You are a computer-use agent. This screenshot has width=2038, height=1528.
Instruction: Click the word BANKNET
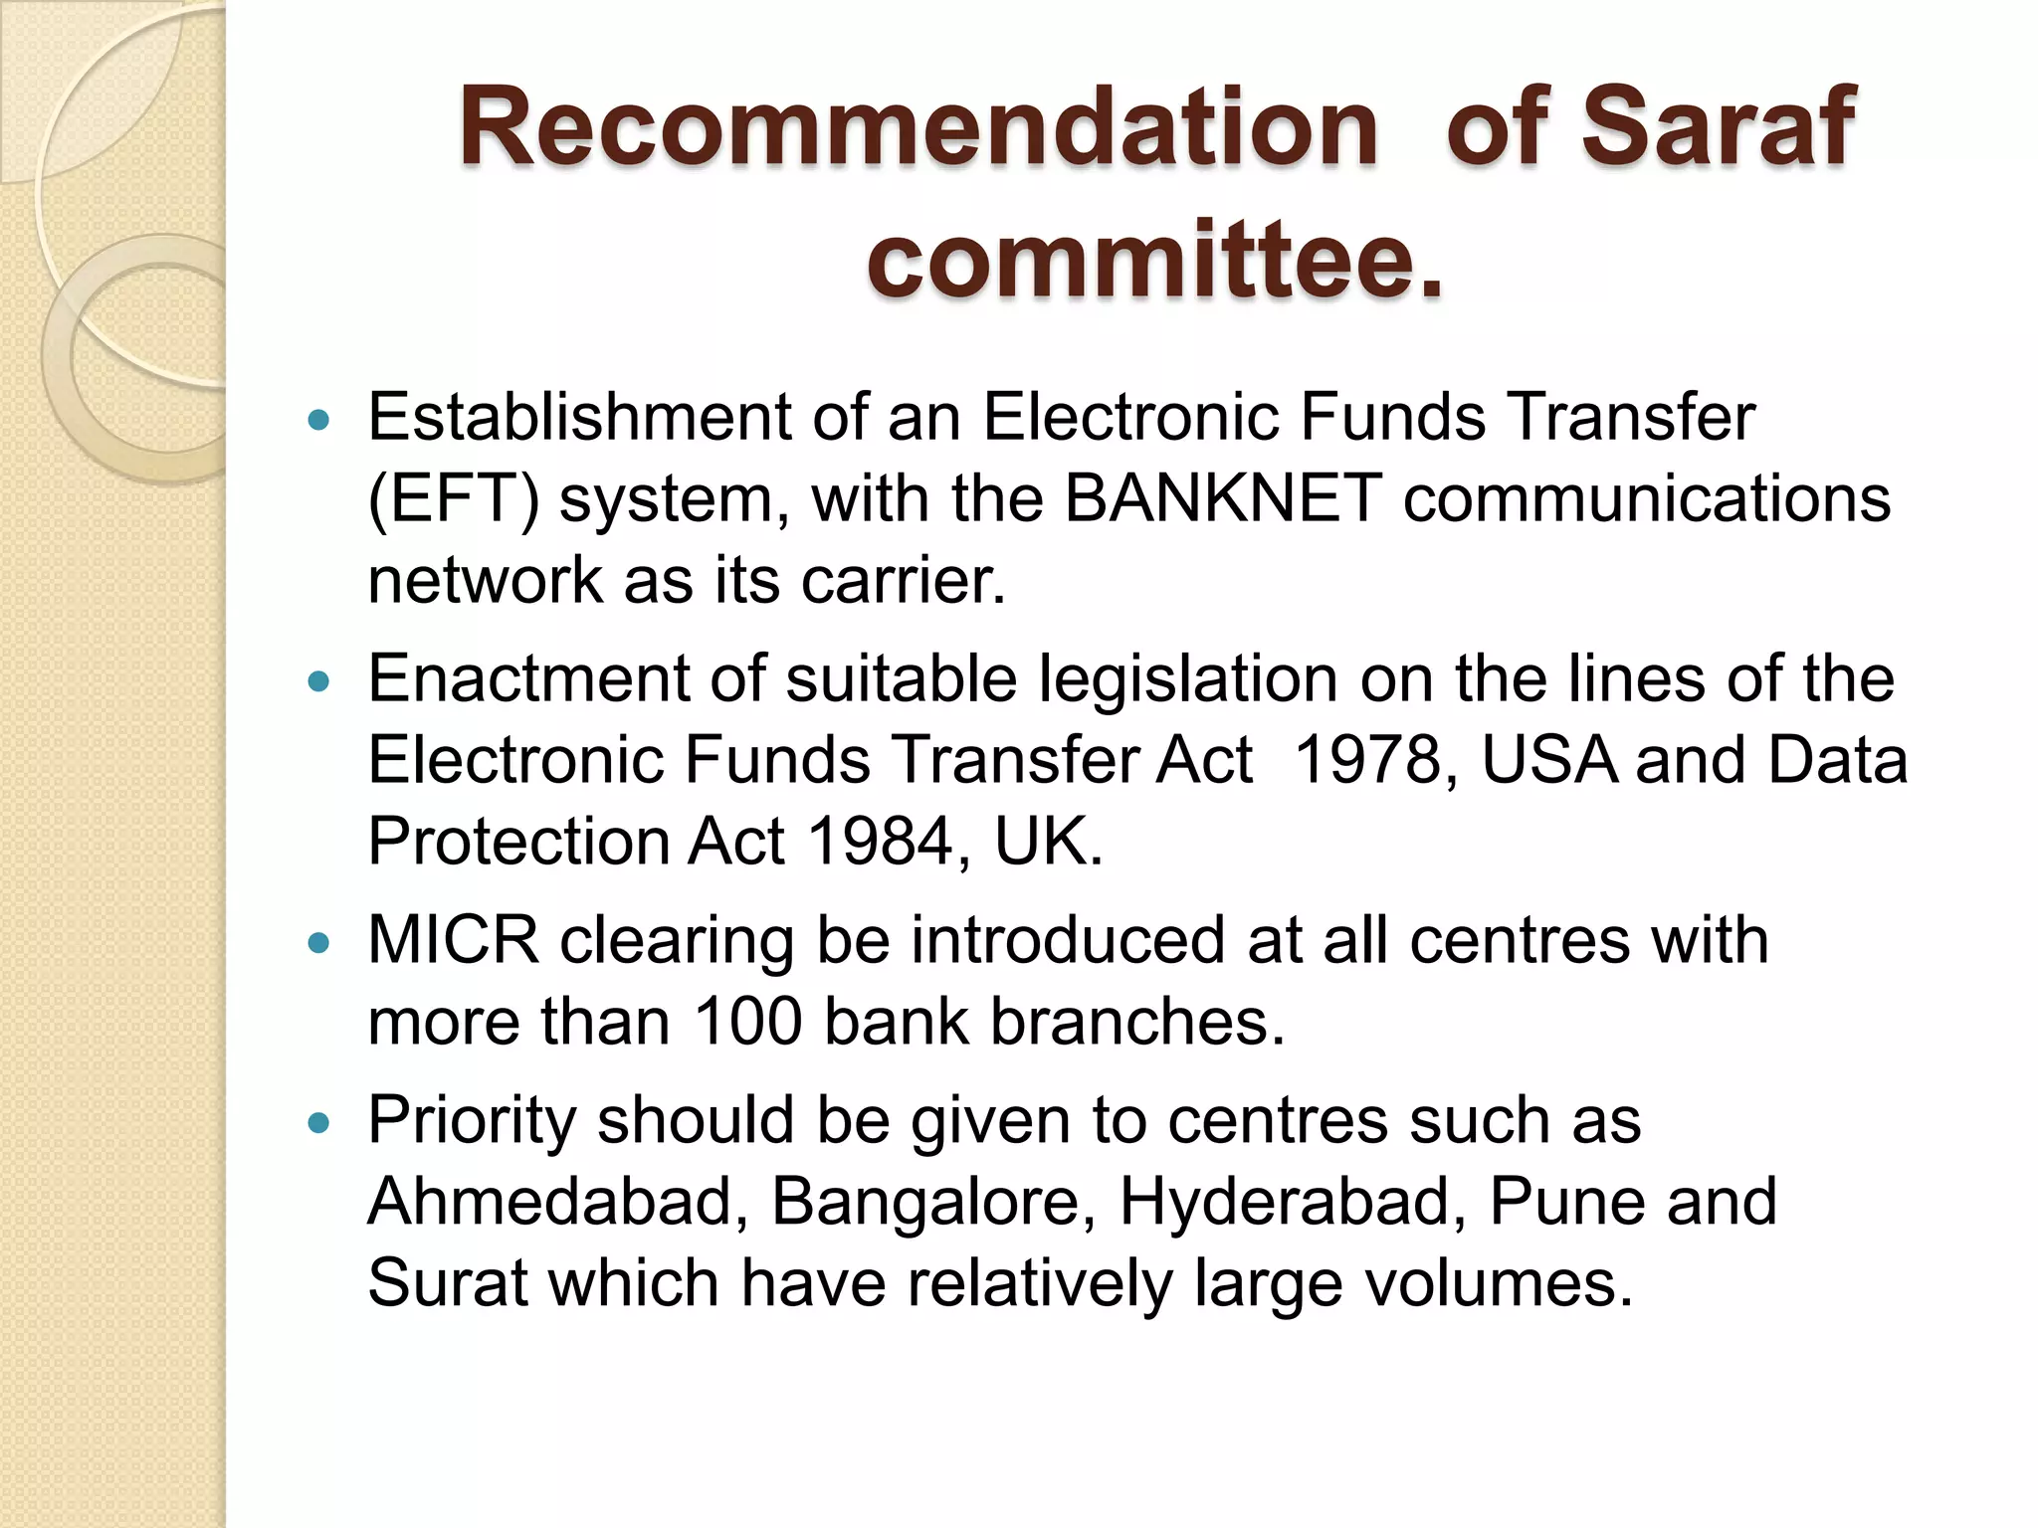[x=1223, y=497]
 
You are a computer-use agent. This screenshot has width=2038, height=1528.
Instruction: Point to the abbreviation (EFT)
[x=453, y=499]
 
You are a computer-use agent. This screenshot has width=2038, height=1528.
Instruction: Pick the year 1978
[x=1370, y=760]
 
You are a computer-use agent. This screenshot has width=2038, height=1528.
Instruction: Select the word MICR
[x=453, y=940]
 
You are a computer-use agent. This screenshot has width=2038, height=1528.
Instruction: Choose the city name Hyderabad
[x=1292, y=1202]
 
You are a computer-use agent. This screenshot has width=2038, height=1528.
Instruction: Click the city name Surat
[x=447, y=1283]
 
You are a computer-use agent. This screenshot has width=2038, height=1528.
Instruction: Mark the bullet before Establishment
[x=318, y=420]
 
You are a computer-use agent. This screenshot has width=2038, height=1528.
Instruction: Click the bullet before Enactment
[x=318, y=682]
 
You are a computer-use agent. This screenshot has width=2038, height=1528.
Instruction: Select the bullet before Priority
[x=318, y=1124]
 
